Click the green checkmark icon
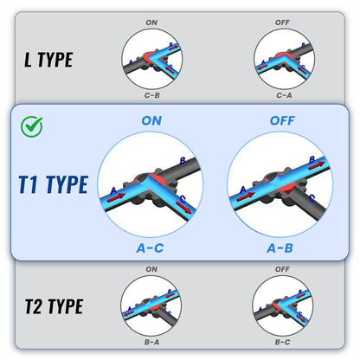32,126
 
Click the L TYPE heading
48,60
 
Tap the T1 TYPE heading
53,184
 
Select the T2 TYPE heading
54,306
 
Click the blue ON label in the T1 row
151,120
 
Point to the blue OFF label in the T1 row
282,120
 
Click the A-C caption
150,248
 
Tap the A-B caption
280,248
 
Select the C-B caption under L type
151,95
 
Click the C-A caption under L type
284,95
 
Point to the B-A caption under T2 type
151,342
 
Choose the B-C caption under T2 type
282,342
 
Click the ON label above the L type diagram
151,22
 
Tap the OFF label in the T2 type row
282,269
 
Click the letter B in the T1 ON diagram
183,161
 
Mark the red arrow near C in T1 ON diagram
184,208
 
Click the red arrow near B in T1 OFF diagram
317,165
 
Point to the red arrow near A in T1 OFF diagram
245,197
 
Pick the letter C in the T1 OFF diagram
312,198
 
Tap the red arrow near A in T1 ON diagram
116,198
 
